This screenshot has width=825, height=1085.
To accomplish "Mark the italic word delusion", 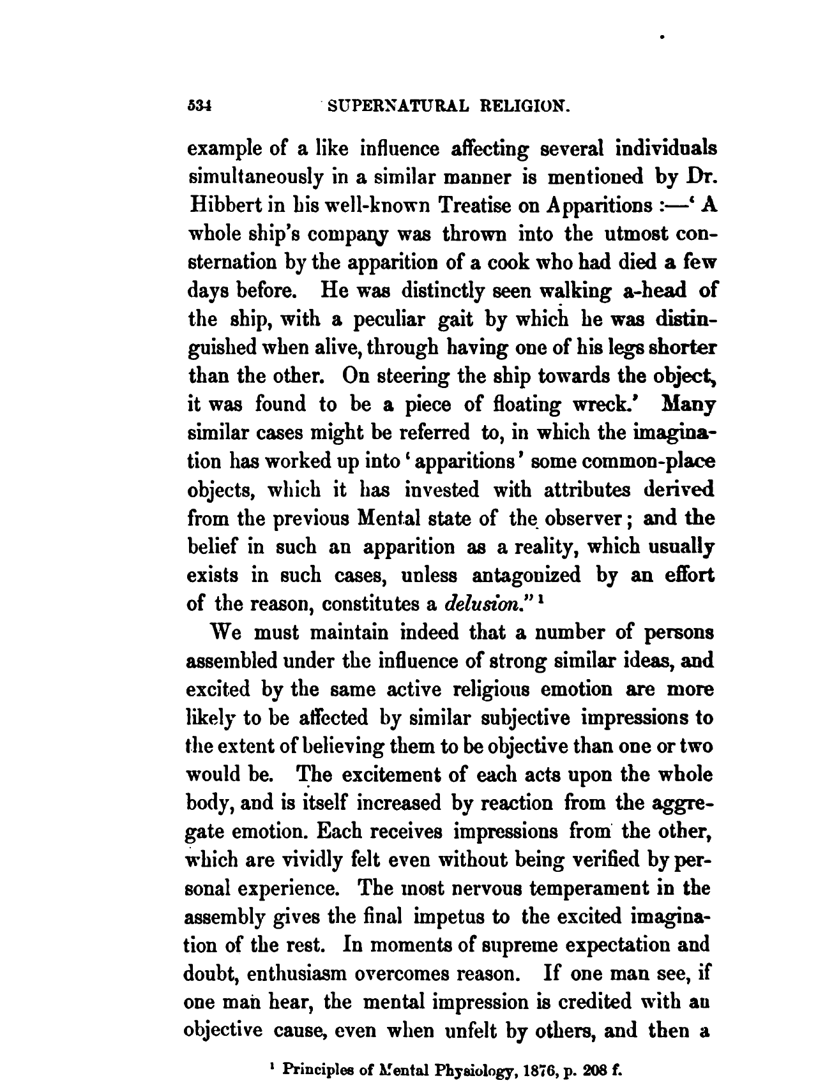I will (476, 603).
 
